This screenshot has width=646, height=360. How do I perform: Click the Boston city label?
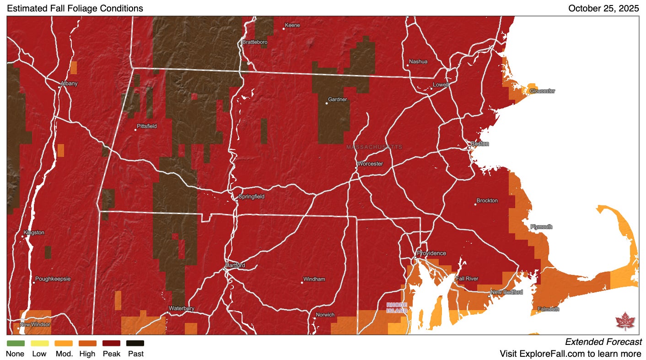click(479, 144)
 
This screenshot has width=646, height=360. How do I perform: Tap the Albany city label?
click(69, 84)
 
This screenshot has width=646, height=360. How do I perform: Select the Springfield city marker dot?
click(237, 200)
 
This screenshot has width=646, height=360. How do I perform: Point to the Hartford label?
click(235, 265)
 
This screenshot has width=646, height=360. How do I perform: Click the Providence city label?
click(431, 253)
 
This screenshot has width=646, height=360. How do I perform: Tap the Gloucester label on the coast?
click(542, 91)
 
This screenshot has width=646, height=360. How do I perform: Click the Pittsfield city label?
click(147, 126)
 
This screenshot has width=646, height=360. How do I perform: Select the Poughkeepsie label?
click(53, 279)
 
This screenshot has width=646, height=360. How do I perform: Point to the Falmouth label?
click(548, 309)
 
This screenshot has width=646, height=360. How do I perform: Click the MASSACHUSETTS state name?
click(374, 147)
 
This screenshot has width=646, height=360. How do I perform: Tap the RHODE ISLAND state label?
click(396, 308)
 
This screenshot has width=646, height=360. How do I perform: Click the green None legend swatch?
click(16, 343)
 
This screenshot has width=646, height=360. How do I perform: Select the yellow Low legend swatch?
click(39, 343)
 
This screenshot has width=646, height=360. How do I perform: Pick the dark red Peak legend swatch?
click(111, 343)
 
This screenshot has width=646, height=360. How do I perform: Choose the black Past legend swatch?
click(135, 343)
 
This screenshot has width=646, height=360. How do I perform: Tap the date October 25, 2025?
click(603, 8)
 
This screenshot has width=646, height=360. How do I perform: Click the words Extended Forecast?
click(603, 342)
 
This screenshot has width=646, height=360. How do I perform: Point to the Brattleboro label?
click(255, 42)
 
